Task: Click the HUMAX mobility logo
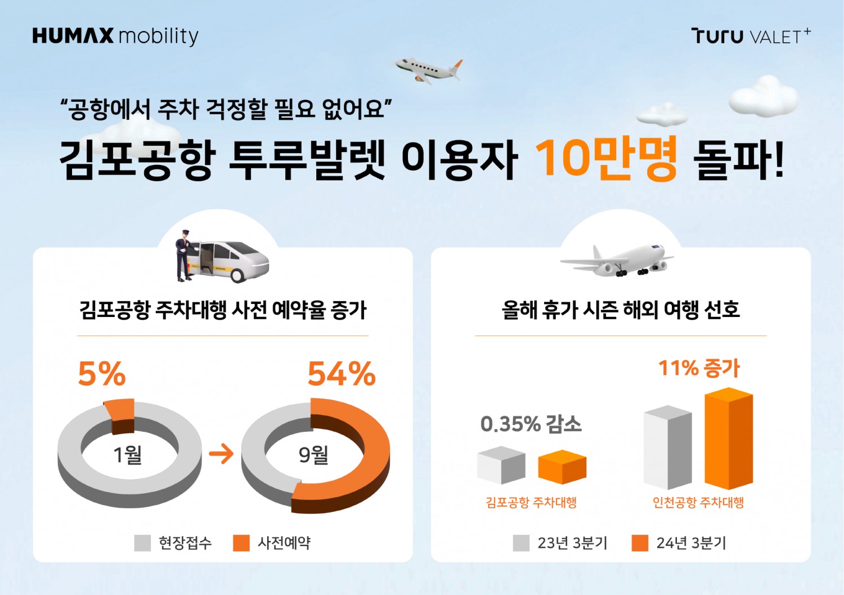pos(115,36)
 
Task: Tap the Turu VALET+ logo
pos(751,36)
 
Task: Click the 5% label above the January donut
pos(102,374)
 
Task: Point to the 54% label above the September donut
pos(342,374)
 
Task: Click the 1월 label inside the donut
pos(128,454)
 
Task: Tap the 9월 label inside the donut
pos(313,454)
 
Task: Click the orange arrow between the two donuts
pos(221,454)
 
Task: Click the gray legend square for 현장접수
pos(143,543)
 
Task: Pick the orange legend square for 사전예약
pos(241,543)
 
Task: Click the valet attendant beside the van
pos(183,256)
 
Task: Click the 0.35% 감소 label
pos(531,424)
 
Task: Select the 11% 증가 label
pos(699,368)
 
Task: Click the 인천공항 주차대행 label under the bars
pos(698,502)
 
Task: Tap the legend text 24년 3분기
pos(691,543)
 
